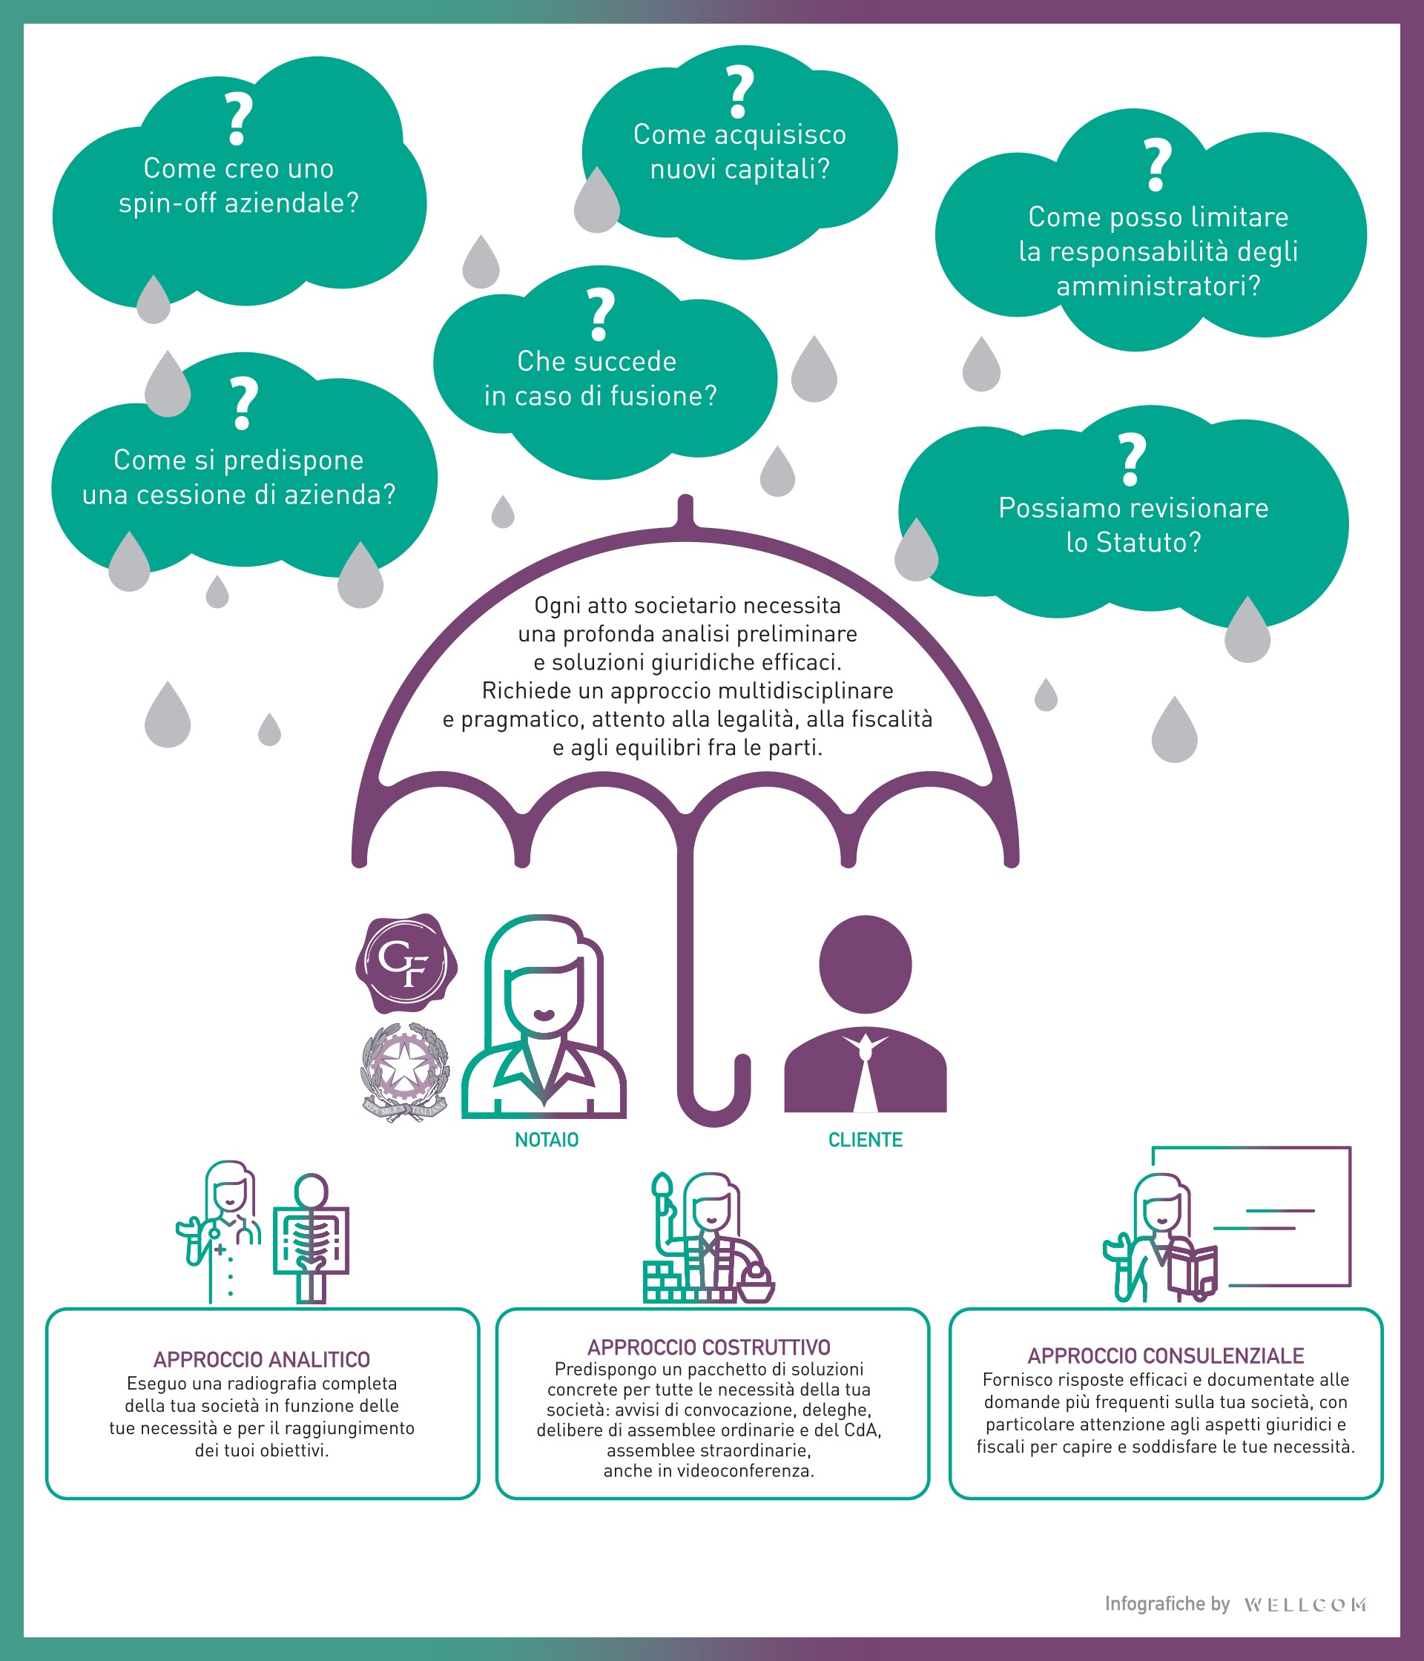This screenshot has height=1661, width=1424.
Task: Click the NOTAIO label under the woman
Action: click(546, 1140)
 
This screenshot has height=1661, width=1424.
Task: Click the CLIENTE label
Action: click(865, 1140)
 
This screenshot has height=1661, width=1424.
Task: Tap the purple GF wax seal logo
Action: click(406, 962)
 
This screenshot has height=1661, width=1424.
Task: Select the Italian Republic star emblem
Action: click(404, 1071)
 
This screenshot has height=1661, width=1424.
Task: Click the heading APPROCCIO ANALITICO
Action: click(261, 1360)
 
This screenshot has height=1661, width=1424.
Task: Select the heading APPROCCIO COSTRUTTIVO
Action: click(708, 1347)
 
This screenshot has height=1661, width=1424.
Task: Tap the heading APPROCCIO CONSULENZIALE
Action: click(1165, 1355)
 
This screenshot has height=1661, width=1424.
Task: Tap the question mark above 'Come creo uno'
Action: click(238, 119)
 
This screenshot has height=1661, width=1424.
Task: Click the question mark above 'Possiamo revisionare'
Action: click(1132, 459)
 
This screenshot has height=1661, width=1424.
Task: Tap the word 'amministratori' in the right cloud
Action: click(1157, 286)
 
